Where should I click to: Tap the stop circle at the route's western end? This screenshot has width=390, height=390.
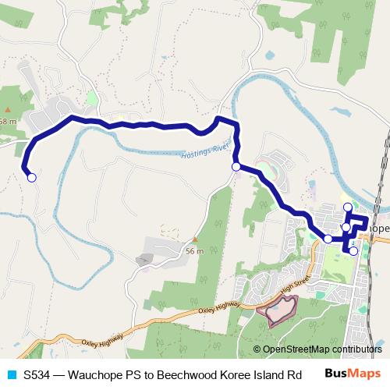[x=32, y=178]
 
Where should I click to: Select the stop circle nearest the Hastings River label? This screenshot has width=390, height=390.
[x=236, y=166]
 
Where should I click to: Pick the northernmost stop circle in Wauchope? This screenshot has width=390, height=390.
[x=348, y=207]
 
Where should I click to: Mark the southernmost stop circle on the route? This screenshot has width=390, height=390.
[x=353, y=251]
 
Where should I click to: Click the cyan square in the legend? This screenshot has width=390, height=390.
[x=10, y=374]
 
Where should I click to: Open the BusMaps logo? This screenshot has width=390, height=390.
[x=352, y=374]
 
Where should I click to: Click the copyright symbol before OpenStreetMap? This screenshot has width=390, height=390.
[x=257, y=349]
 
